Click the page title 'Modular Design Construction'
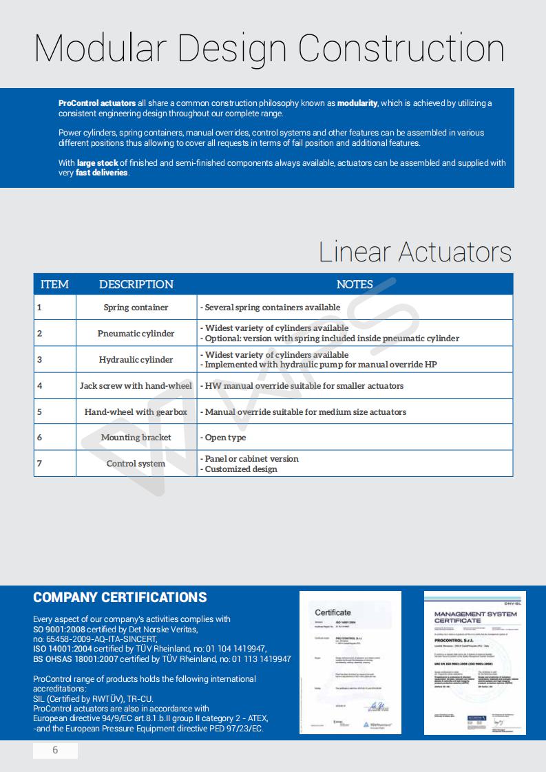(x=269, y=48)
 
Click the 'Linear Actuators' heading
(x=414, y=252)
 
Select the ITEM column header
(x=54, y=284)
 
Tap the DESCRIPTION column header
(x=136, y=284)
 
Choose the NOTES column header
(x=355, y=284)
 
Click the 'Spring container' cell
(x=136, y=308)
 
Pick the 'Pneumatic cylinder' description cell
(x=136, y=334)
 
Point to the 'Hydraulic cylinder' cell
(x=136, y=360)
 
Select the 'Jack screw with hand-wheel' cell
(x=136, y=386)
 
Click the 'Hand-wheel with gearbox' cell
(x=136, y=412)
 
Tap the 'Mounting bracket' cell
(x=136, y=438)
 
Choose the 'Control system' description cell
(x=136, y=464)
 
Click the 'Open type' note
(x=225, y=438)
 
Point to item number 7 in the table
(x=39, y=463)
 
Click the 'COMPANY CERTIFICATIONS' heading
(x=120, y=597)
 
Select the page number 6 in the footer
(x=56, y=750)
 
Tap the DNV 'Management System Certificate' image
(x=474, y=662)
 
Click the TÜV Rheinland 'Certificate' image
(x=350, y=662)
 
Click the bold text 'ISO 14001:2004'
(x=63, y=649)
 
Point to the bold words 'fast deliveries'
(x=102, y=173)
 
